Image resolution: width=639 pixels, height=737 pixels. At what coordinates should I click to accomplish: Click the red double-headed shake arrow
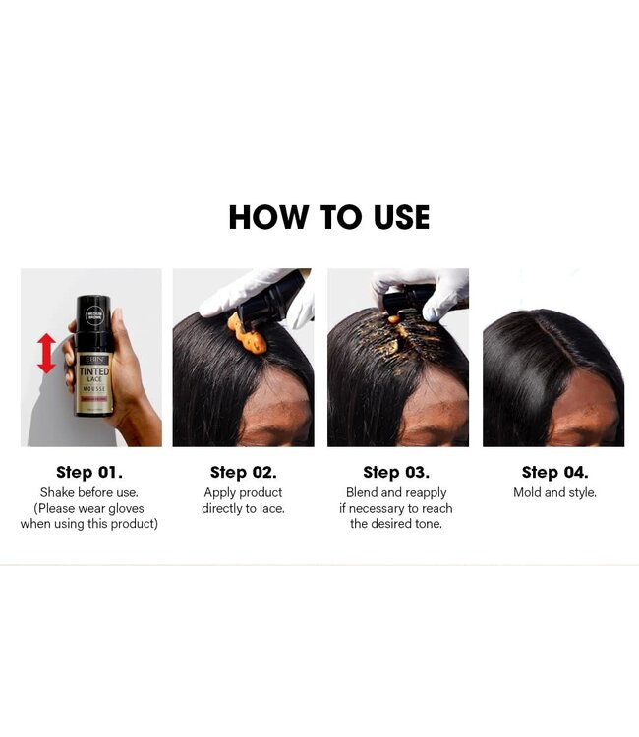pos(46,353)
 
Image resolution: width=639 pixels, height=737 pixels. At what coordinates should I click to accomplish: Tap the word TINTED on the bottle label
pos(94,371)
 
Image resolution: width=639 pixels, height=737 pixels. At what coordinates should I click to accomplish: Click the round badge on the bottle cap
pos(94,314)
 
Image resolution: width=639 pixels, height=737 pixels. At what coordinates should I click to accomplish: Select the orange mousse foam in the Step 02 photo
pos(248,335)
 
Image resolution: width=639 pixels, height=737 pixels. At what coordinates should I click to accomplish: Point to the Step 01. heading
pos(89,472)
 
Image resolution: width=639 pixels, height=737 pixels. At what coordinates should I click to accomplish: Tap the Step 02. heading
pos(243,472)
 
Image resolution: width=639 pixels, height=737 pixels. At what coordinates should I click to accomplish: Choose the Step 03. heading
pos(396,472)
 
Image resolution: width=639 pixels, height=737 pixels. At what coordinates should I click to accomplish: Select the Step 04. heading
pos(554,472)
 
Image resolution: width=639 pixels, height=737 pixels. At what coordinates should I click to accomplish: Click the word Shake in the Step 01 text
pos(57,492)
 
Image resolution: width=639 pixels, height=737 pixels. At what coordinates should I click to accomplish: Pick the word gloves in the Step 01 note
pos(125,509)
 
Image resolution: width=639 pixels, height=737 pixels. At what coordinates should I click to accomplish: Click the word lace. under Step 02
pos(271,508)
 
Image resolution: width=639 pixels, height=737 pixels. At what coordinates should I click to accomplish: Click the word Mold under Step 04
pos(528,492)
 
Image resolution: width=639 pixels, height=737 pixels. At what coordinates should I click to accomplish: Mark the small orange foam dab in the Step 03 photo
pos(394,319)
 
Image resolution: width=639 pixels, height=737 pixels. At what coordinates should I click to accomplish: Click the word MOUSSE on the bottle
pos(94,389)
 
